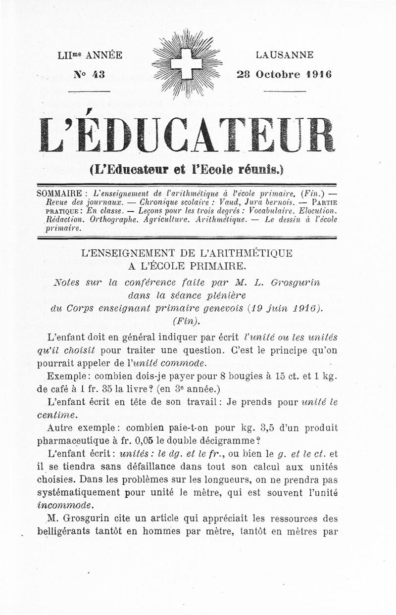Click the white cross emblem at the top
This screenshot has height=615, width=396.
click(x=187, y=63)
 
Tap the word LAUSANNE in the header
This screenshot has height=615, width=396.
click(x=285, y=55)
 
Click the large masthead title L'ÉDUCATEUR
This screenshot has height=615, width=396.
click(x=187, y=135)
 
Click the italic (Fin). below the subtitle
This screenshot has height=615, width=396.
click(x=187, y=321)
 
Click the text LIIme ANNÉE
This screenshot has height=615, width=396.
click(x=90, y=55)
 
